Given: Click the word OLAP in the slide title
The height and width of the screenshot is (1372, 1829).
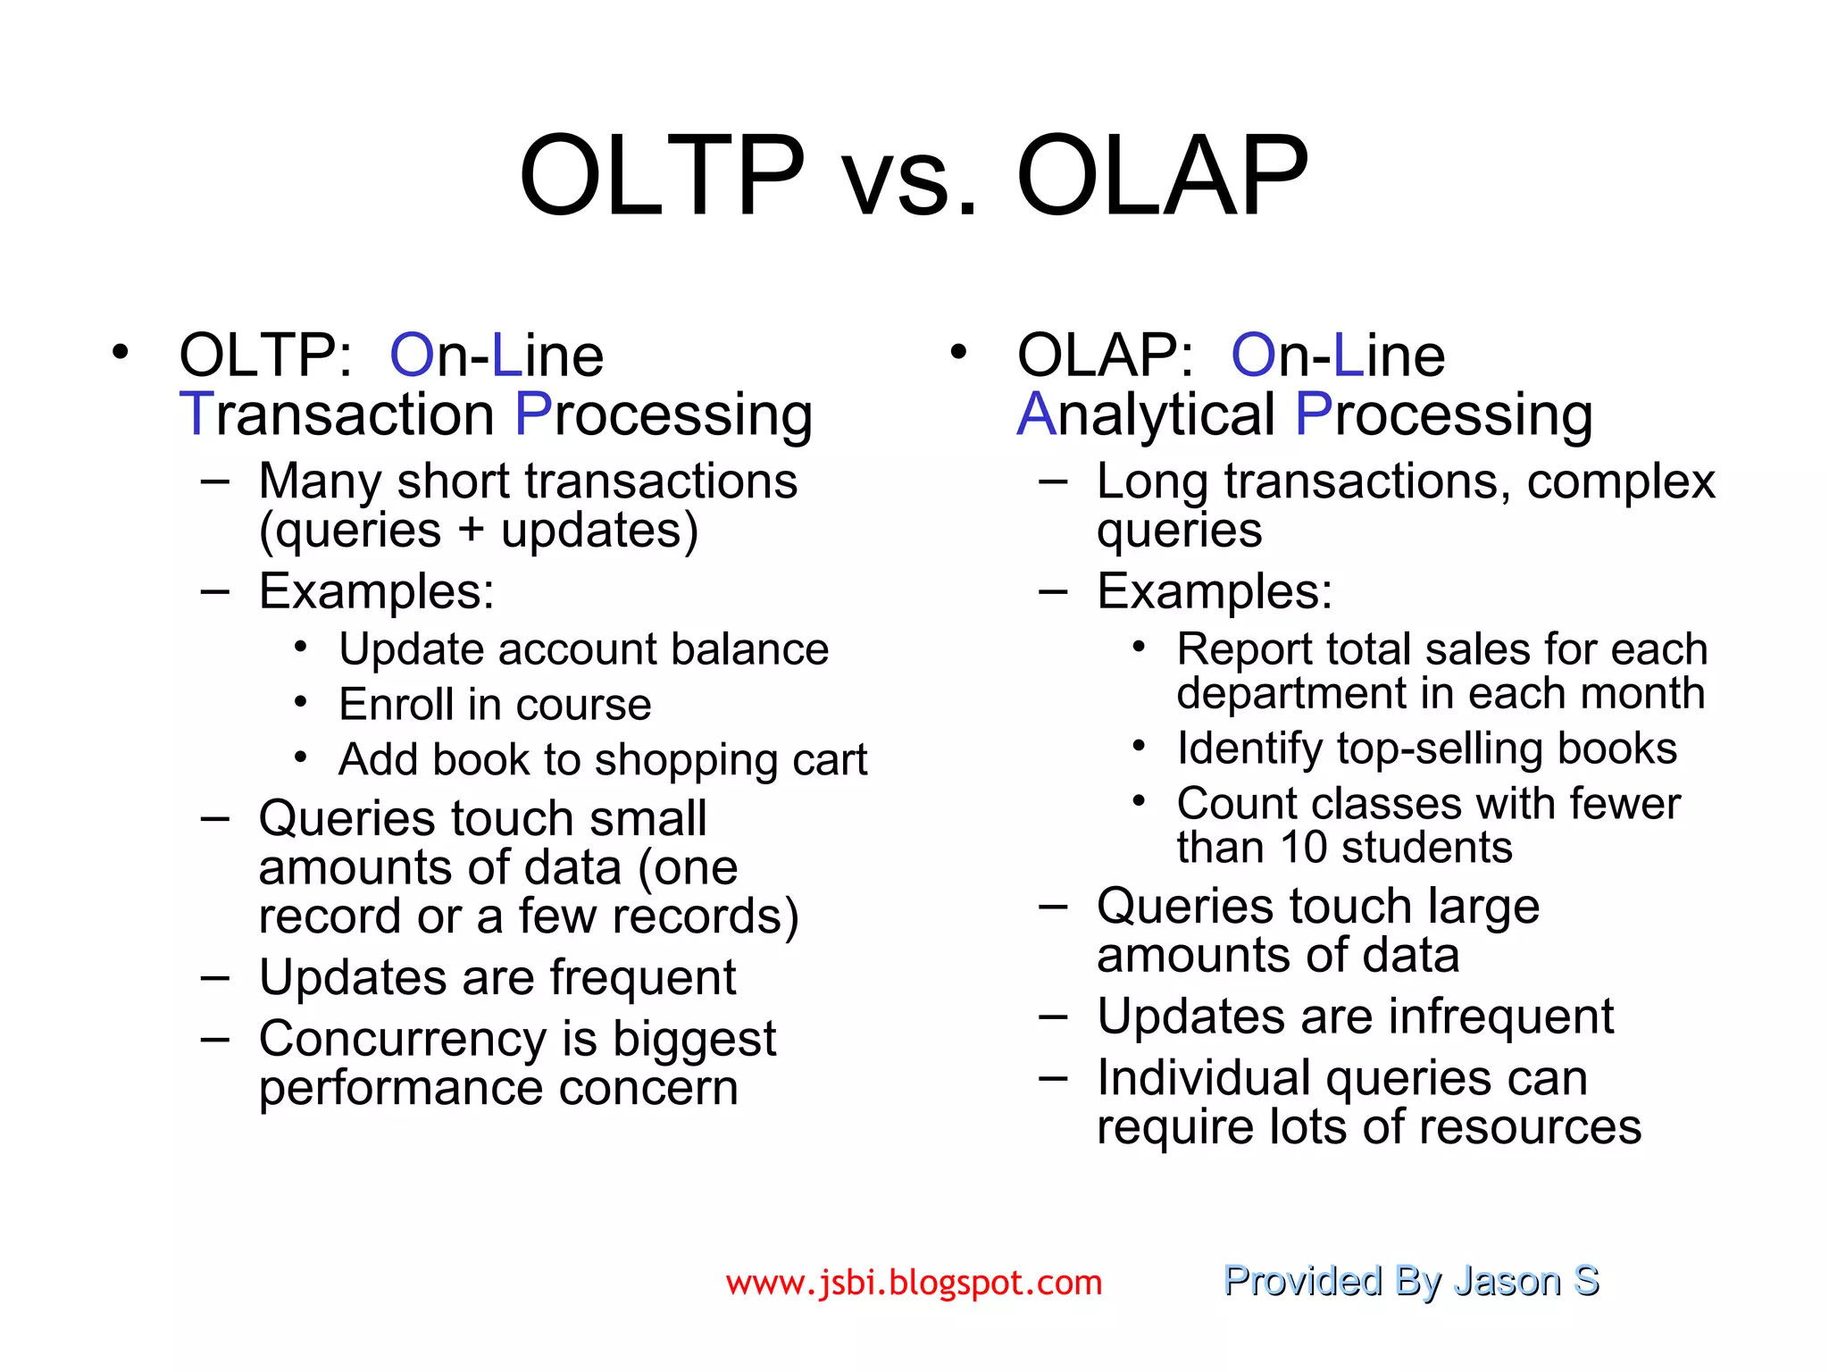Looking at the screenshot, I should pyautogui.click(x=1162, y=175).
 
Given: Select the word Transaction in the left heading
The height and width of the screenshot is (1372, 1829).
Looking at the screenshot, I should pyautogui.click(x=337, y=414).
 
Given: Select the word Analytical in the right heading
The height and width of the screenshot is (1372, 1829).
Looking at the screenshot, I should pyautogui.click(x=1146, y=414).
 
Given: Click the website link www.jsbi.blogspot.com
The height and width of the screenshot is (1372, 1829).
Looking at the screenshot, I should pyautogui.click(x=914, y=1283).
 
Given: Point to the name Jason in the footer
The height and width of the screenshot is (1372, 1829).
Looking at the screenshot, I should pyautogui.click(x=1507, y=1280).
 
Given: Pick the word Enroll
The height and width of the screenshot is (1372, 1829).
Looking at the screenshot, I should pyautogui.click(x=396, y=705).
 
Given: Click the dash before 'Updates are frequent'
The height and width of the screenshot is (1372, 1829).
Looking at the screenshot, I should pyautogui.click(x=214, y=978).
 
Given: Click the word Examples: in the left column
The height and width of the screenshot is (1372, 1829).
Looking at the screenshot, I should pyautogui.click(x=376, y=591).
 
